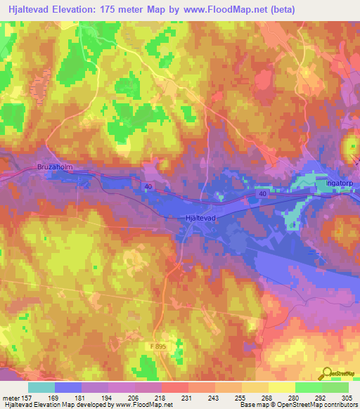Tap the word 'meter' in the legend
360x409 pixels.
(x=13, y=397)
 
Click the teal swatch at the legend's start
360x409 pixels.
(x=41, y=387)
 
